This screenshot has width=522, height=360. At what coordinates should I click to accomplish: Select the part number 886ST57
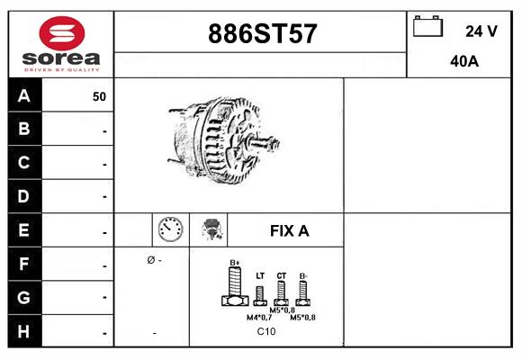pos(262,34)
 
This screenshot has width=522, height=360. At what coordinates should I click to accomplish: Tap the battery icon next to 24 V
pos(427,28)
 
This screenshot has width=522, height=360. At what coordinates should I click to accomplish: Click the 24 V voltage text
pos(481,31)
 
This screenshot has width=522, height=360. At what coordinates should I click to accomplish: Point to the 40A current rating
pos(464,62)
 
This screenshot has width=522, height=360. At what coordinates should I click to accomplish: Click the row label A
pos(24,96)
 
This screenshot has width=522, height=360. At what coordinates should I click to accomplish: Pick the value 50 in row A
pos(99,96)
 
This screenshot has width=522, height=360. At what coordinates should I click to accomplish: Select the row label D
pos(24,196)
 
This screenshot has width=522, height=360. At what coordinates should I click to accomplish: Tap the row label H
pos(24,331)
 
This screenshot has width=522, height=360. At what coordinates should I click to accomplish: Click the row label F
pos(24,265)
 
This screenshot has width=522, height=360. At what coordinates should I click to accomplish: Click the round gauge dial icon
pos(170,229)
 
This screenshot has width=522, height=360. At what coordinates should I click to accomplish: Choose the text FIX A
pos(289,230)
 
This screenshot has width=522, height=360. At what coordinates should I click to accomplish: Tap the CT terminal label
pos(282,276)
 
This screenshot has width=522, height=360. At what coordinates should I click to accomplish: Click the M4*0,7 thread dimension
pos(260,317)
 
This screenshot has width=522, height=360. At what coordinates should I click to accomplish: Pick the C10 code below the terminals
pos(266,331)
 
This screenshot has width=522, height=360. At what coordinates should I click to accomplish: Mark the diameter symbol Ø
pos(150,260)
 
